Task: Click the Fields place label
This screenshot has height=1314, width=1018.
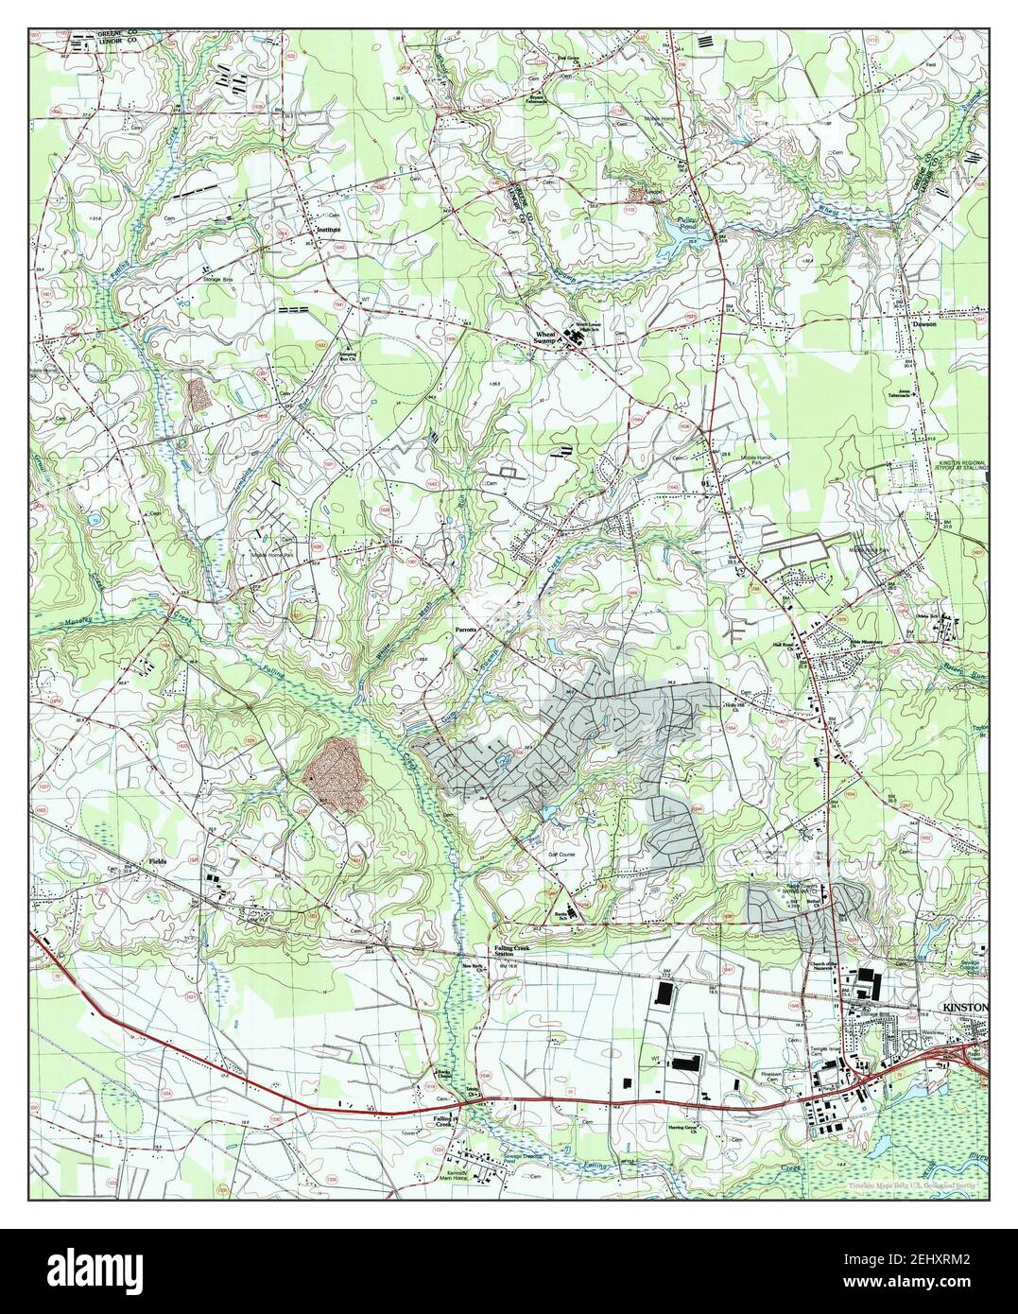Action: click(x=158, y=862)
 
